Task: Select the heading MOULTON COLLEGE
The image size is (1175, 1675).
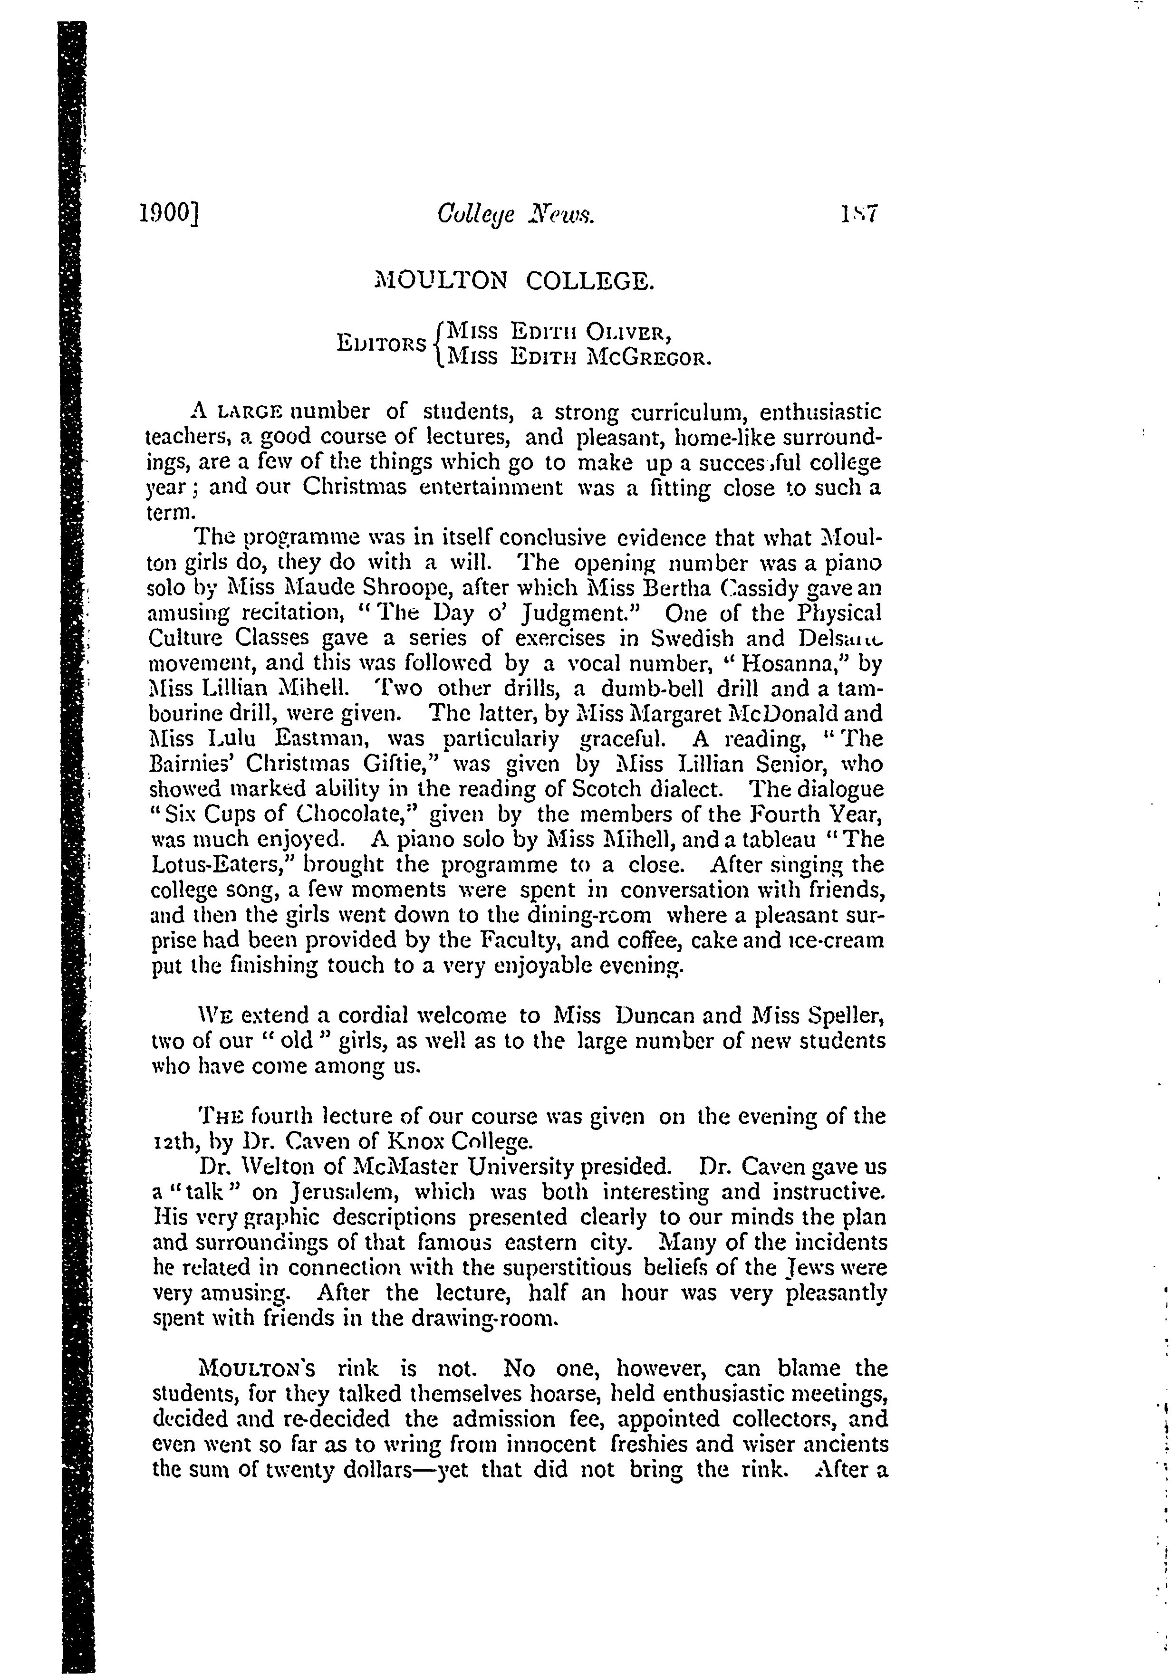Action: (514, 281)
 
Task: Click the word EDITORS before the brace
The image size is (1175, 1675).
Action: (382, 344)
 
